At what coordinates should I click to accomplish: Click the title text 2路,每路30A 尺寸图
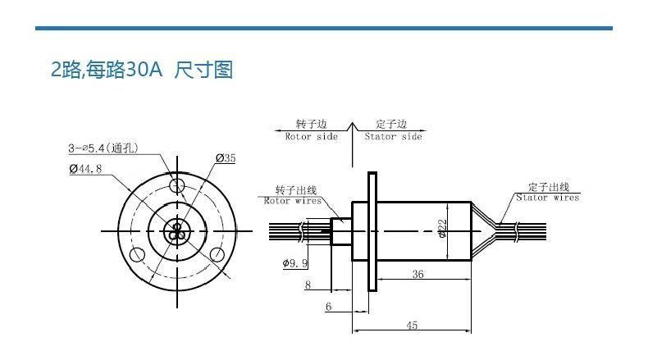[142, 70]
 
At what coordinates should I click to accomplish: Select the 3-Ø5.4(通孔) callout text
[103, 148]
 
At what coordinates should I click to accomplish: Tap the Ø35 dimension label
[226, 157]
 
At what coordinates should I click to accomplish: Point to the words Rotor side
[311, 137]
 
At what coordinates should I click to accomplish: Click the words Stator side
[393, 137]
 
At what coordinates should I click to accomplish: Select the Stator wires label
[547, 198]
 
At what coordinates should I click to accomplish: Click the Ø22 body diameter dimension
[442, 229]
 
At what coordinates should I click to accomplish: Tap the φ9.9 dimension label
[294, 263]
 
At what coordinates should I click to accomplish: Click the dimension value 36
[418, 276]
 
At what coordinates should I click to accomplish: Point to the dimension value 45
[412, 326]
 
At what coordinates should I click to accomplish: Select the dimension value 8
[308, 285]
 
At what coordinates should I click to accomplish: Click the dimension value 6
[328, 306]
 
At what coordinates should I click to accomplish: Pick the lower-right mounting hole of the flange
[216, 254]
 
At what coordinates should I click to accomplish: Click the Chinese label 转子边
[311, 124]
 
